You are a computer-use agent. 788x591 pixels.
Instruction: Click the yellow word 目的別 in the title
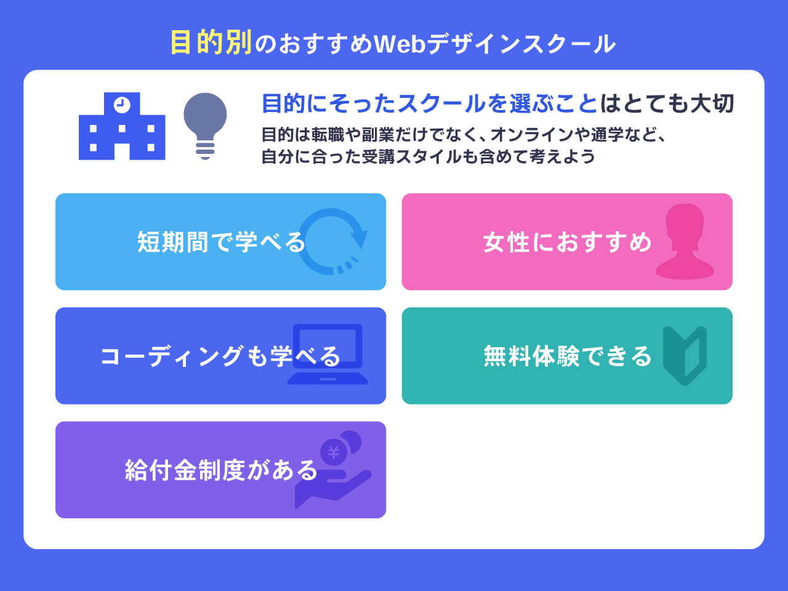[x=211, y=43]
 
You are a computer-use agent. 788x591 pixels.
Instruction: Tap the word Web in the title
[x=400, y=44]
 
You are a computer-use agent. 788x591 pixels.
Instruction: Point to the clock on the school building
[x=122, y=104]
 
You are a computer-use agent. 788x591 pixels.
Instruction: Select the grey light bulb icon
[x=205, y=126]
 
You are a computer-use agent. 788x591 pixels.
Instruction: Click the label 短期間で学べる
[x=221, y=242]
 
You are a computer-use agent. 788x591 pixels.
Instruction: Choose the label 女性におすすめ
[x=567, y=242]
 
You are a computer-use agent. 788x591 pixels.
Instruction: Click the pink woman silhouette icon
[x=685, y=242]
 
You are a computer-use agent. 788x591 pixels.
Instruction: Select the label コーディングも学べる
[x=220, y=356]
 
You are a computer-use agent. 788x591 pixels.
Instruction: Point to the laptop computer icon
[x=328, y=354]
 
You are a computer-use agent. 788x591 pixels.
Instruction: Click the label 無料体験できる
[x=567, y=356]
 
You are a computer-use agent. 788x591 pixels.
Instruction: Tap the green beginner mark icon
[x=685, y=356]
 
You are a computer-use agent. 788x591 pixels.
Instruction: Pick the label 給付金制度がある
[x=221, y=470]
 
